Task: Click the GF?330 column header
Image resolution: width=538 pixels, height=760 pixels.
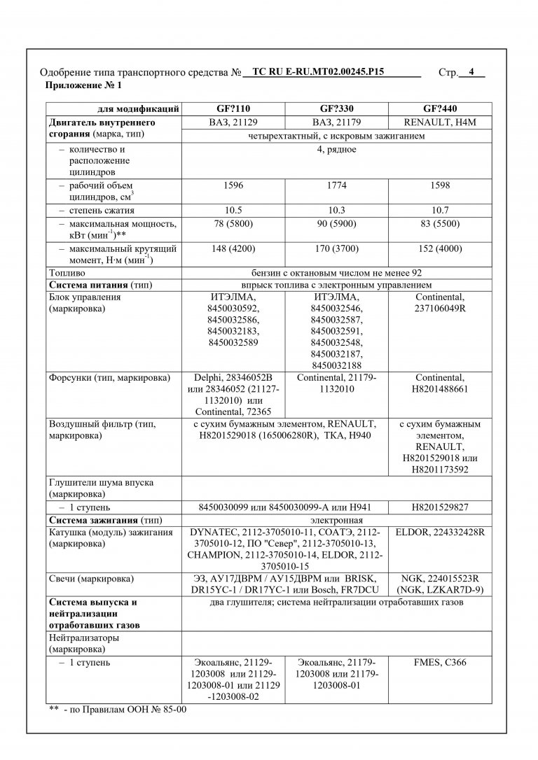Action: point(336,109)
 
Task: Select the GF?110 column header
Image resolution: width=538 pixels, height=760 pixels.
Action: point(233,109)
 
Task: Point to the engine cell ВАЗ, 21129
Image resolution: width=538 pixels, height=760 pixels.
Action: point(233,122)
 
